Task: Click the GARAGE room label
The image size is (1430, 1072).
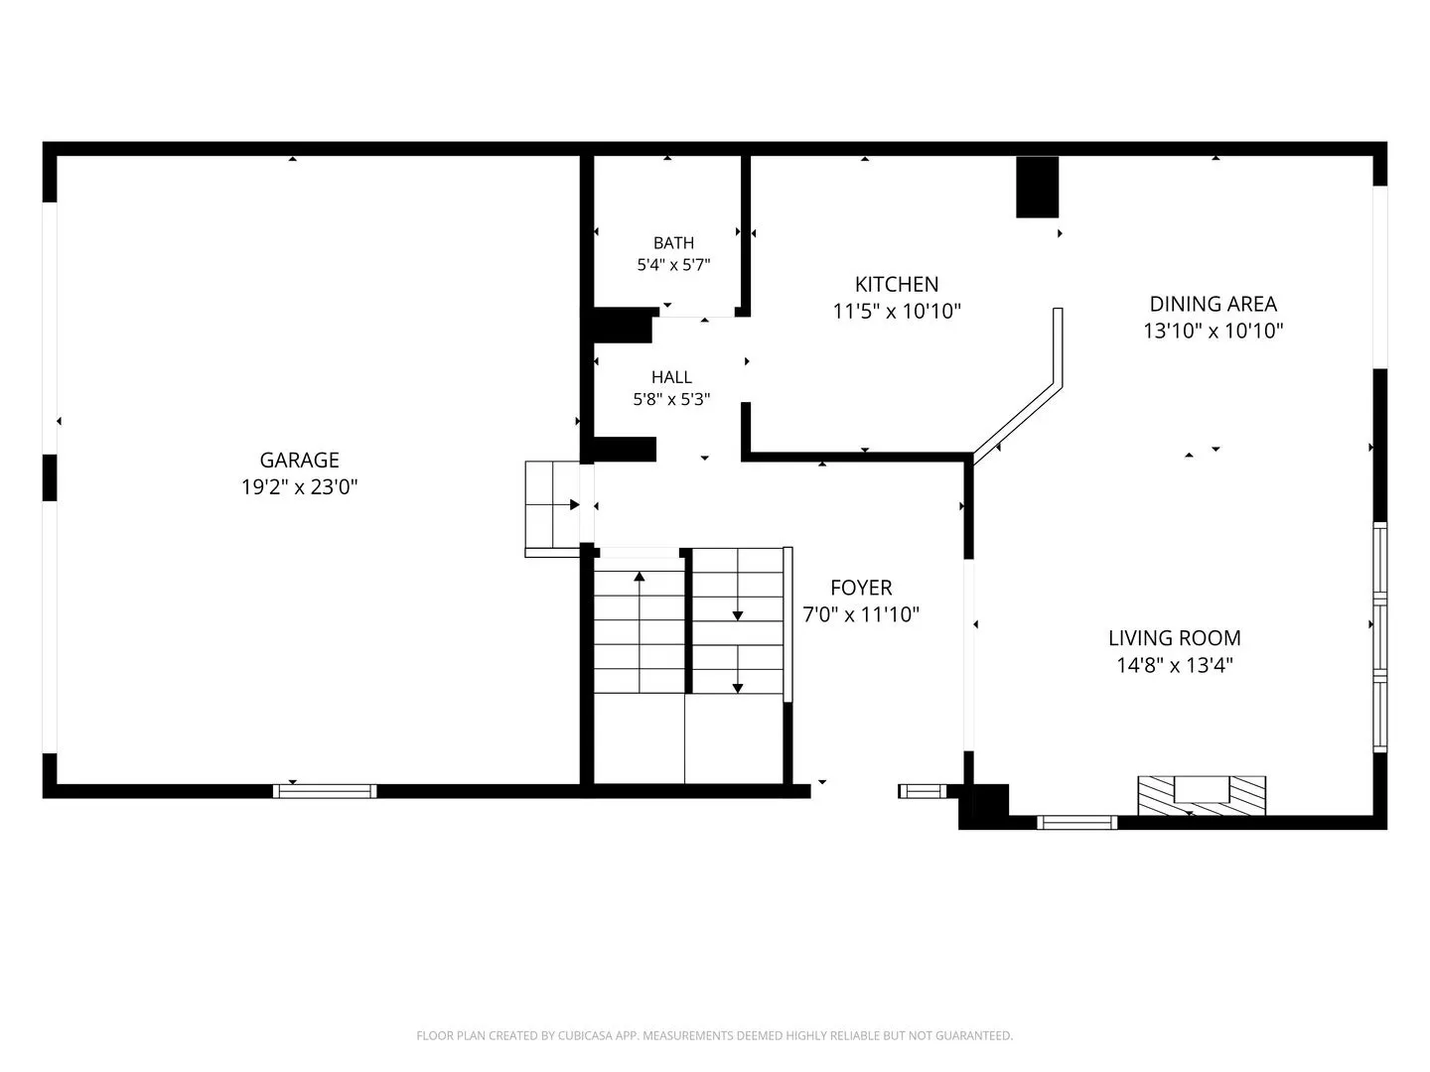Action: [x=299, y=461]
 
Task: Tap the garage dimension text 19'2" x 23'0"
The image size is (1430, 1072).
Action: [x=299, y=486]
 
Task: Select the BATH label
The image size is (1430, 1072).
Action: [x=673, y=243]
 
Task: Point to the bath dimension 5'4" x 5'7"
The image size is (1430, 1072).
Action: [x=673, y=265]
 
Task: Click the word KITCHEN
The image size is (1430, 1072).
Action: [x=897, y=285]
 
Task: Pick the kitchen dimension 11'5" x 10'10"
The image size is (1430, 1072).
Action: [x=897, y=311]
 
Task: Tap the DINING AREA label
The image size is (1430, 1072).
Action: [x=1213, y=304]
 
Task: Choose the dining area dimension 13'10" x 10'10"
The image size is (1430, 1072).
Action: [x=1213, y=331]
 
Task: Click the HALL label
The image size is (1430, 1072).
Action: [x=671, y=377]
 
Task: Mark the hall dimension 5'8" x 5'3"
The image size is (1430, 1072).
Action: [x=671, y=399]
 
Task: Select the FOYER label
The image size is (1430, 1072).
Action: [x=861, y=588]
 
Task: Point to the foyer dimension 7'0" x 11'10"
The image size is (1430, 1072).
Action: [x=861, y=614]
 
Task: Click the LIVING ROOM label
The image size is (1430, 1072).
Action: [x=1174, y=638]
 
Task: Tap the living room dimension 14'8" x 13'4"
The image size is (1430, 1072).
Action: [x=1174, y=665]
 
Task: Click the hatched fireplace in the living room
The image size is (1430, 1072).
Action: [x=1202, y=795]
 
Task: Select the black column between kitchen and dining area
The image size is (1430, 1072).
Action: [x=1037, y=187]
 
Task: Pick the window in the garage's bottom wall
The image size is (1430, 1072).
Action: [x=325, y=791]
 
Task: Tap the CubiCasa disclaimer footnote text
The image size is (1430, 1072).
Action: [x=715, y=1035]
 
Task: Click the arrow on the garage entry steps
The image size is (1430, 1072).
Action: [x=565, y=504]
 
